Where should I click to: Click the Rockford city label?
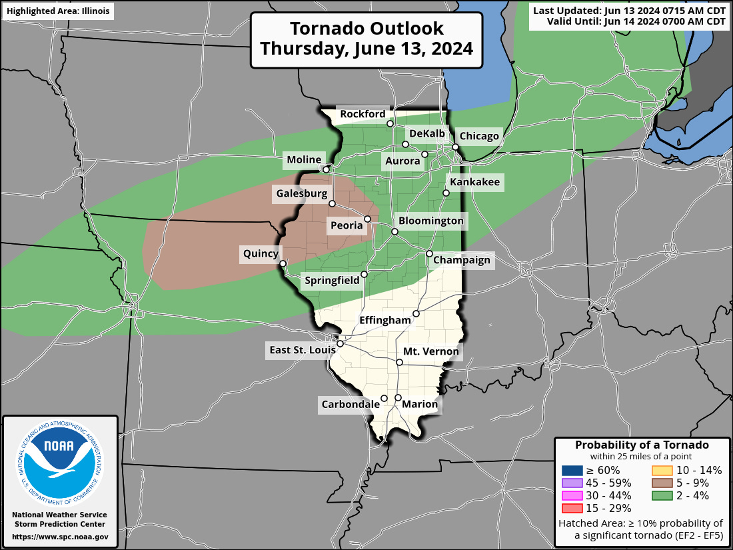(362, 115)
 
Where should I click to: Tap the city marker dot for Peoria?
(367, 219)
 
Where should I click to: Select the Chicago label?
(479, 137)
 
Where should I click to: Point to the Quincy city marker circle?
(283, 263)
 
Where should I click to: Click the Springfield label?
(332, 281)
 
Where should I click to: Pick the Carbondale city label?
(351, 405)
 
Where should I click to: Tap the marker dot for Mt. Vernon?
(400, 363)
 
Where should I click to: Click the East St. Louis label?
(299, 350)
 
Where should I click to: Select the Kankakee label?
(474, 182)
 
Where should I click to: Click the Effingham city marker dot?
(416, 313)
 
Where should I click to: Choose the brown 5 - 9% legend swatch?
(661, 483)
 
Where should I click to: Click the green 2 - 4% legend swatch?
(661, 495)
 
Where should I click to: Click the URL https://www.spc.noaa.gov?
(60, 537)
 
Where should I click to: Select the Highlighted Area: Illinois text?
(57, 11)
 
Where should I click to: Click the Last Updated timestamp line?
(630, 10)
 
